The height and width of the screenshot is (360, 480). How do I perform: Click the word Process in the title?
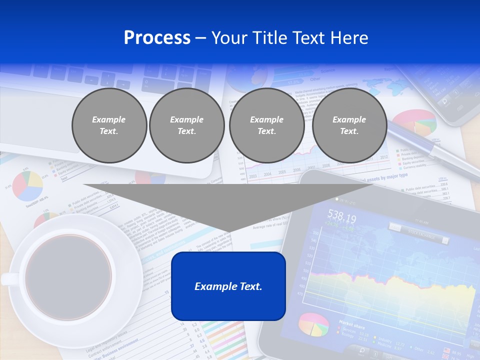point(157,38)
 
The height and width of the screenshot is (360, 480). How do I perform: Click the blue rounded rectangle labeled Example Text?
point(228,286)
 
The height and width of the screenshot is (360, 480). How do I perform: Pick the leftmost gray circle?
point(109,125)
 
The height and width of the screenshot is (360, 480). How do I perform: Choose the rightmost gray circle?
point(349,125)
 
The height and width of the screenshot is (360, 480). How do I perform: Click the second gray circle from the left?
point(186,125)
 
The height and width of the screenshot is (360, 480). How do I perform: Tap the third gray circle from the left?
point(266,125)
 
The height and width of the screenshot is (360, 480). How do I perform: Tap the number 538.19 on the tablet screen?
point(341,217)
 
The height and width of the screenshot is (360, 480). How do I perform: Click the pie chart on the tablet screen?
point(314,325)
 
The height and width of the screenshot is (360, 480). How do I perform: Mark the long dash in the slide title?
point(201,38)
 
